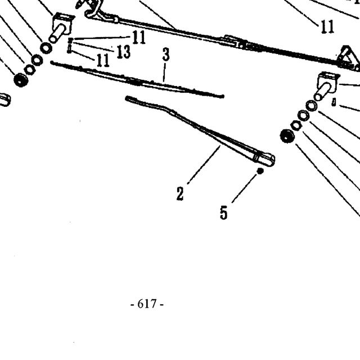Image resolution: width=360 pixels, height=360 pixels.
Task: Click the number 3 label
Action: [166, 54]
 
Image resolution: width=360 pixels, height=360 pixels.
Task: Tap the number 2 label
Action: [180, 193]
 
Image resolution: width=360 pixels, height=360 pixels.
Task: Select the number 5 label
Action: [224, 213]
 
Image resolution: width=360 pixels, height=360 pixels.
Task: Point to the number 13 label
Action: [124, 51]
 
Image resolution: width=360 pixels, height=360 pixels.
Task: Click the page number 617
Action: [147, 304]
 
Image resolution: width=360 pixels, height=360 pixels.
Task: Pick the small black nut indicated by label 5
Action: [260, 171]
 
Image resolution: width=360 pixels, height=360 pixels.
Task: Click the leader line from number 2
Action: [204, 165]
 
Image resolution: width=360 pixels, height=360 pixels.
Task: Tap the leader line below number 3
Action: [164, 73]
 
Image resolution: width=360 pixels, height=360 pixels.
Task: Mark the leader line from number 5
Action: [244, 188]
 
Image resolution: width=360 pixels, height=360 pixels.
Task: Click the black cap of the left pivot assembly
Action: [21, 80]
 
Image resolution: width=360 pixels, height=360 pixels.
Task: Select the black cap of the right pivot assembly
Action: [287, 136]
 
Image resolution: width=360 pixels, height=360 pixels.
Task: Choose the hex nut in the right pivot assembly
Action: [296, 125]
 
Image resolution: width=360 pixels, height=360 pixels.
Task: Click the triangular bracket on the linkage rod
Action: [348, 58]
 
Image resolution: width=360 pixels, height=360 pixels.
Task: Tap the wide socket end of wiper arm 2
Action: [264, 158]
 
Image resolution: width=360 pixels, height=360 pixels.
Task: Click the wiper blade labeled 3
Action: [137, 80]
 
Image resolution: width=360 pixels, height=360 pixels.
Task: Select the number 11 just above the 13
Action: [139, 37]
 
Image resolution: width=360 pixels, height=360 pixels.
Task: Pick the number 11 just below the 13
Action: [103, 60]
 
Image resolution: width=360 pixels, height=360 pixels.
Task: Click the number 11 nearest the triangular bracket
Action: [327, 26]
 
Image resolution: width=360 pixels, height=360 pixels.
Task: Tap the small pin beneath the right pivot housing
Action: [334, 102]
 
